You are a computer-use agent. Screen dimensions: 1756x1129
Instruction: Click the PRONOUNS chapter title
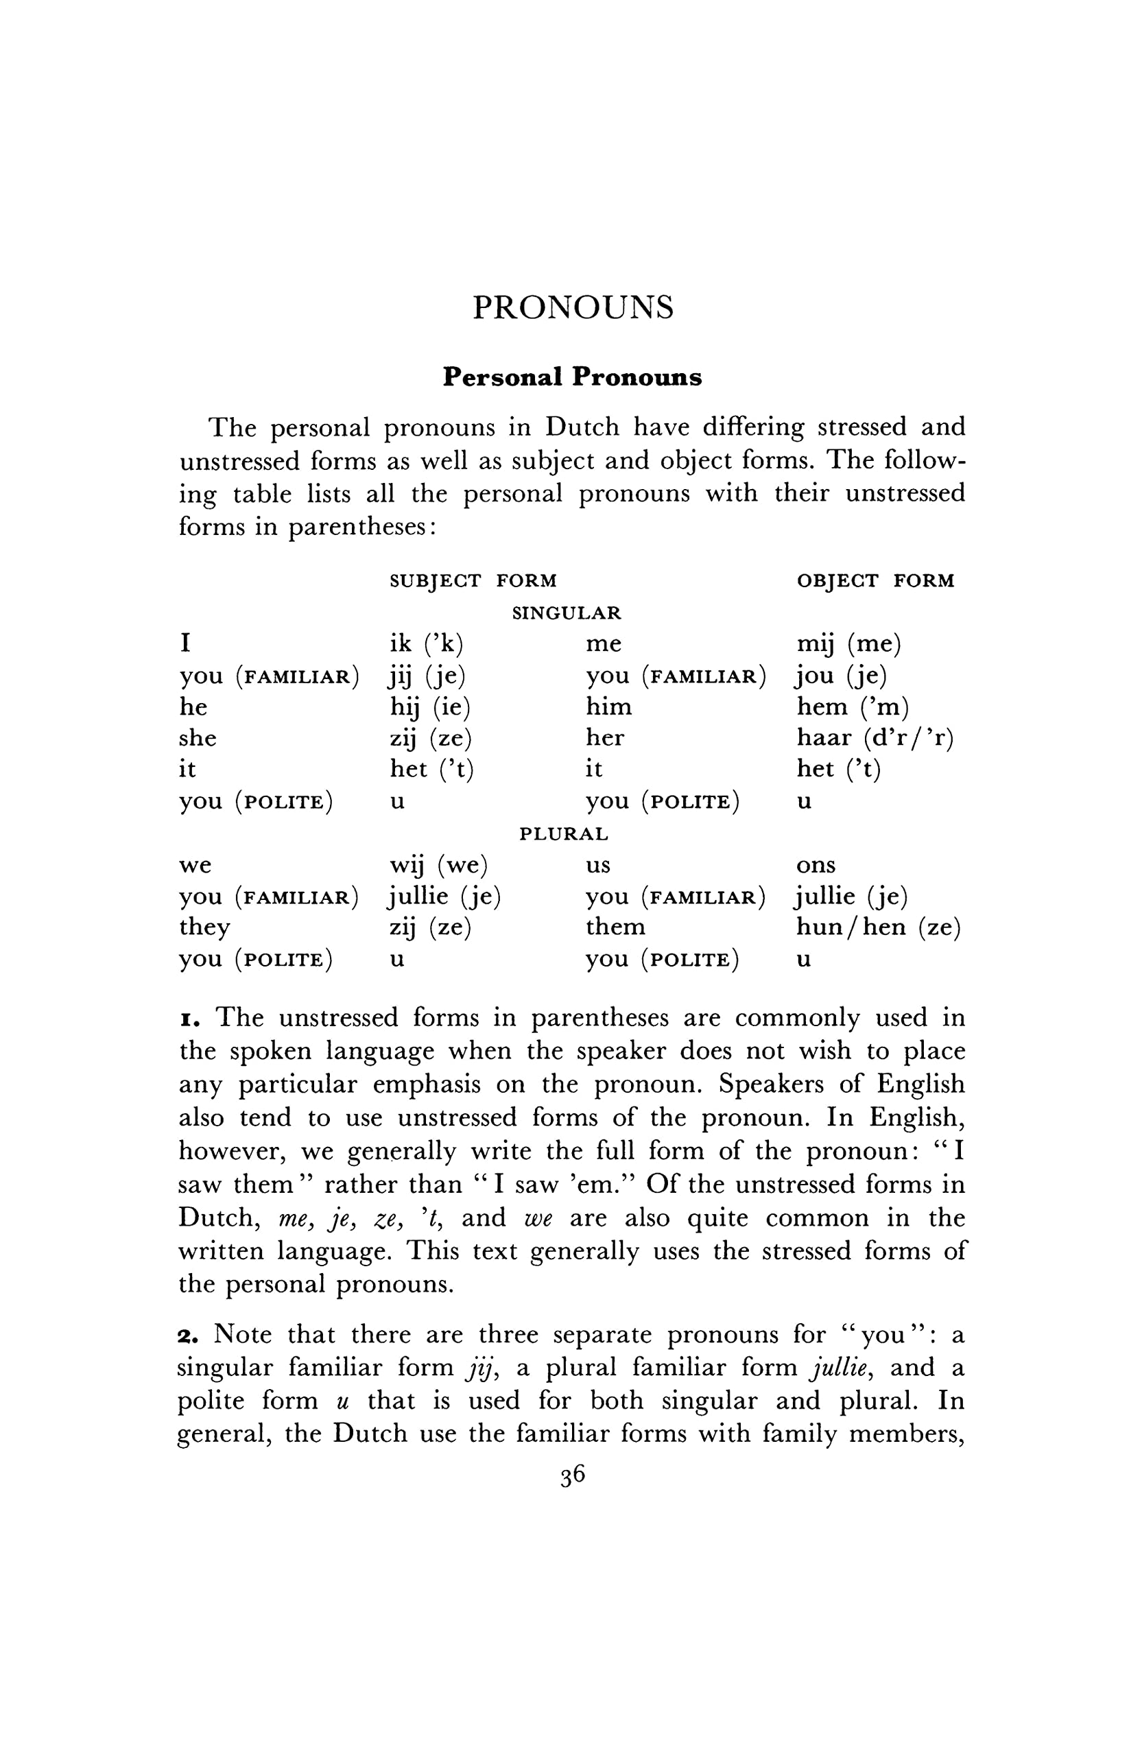click(x=573, y=307)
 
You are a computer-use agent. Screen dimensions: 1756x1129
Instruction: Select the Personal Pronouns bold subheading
click(x=572, y=377)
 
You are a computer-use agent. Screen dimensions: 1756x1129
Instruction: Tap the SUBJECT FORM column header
click(x=473, y=581)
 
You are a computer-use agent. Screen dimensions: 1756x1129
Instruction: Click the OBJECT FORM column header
click(x=875, y=581)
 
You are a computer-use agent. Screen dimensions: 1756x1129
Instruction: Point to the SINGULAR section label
click(x=566, y=613)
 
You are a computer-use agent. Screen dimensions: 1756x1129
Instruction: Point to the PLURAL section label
click(x=564, y=833)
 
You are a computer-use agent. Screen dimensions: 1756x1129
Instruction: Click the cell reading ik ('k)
click(x=426, y=643)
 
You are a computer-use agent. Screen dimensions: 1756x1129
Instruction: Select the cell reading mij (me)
click(x=848, y=643)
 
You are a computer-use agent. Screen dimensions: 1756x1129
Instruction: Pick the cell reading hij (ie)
click(x=429, y=707)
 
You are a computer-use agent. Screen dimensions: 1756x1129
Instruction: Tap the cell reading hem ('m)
click(x=853, y=707)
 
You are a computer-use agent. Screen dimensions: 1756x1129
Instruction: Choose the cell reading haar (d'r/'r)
click(x=875, y=737)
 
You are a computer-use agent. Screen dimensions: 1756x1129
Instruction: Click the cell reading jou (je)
click(x=841, y=675)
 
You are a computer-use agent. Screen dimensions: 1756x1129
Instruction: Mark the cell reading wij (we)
click(x=438, y=865)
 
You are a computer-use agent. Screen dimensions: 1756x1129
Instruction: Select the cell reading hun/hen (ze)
click(x=877, y=927)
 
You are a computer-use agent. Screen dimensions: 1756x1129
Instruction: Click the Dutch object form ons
click(x=816, y=865)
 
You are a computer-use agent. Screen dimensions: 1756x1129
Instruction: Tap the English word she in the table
click(x=198, y=737)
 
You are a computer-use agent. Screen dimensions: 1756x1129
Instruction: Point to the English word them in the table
click(x=615, y=927)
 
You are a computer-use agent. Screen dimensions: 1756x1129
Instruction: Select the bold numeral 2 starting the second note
click(x=188, y=1336)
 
